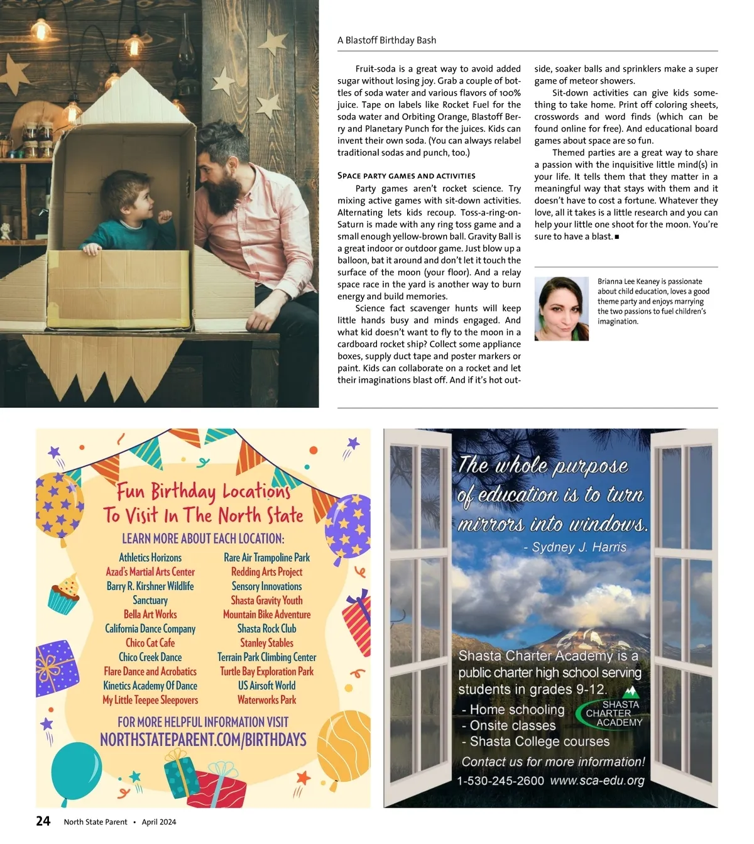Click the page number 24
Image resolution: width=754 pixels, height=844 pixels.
pyautogui.click(x=43, y=821)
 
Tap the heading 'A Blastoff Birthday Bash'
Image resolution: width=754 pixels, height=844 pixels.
pyautogui.click(x=386, y=40)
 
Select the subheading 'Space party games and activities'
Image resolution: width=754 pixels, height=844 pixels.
pyautogui.click(x=406, y=176)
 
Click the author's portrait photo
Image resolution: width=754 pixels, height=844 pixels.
pyautogui.click(x=561, y=309)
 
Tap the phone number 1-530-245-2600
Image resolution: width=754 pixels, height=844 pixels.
pyautogui.click(x=500, y=781)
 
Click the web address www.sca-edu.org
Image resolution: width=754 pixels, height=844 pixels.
pyautogui.click(x=597, y=781)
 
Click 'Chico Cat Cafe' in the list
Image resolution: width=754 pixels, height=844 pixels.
pyautogui.click(x=150, y=643)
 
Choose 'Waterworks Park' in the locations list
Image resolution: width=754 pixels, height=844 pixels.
pyautogui.click(x=266, y=700)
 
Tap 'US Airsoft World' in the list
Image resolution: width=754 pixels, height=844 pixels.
pyautogui.click(x=266, y=686)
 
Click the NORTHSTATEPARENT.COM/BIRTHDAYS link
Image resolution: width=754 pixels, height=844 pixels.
pyautogui.click(x=203, y=740)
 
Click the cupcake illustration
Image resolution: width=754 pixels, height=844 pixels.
pyautogui.click(x=64, y=595)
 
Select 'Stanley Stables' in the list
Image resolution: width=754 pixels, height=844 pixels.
pyautogui.click(x=266, y=643)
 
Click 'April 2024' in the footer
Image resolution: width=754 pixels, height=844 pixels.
pyautogui.click(x=159, y=822)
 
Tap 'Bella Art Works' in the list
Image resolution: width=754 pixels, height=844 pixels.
pyautogui.click(x=150, y=615)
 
